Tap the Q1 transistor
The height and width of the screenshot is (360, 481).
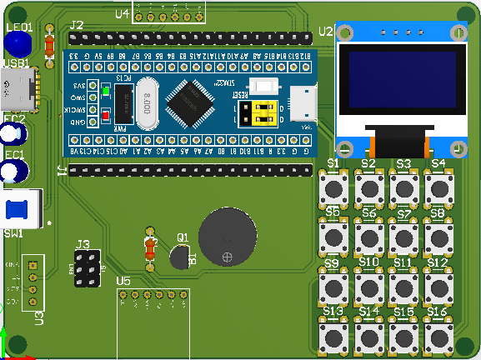(179, 257)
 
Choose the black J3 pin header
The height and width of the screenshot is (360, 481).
(85, 269)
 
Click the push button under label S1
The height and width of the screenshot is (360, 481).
(335, 187)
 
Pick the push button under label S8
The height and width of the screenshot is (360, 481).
(438, 237)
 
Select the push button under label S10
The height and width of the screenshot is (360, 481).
(369, 287)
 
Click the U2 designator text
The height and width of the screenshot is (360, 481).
(325, 32)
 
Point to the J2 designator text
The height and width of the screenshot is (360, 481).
(76, 25)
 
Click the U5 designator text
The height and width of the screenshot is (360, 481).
(123, 281)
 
